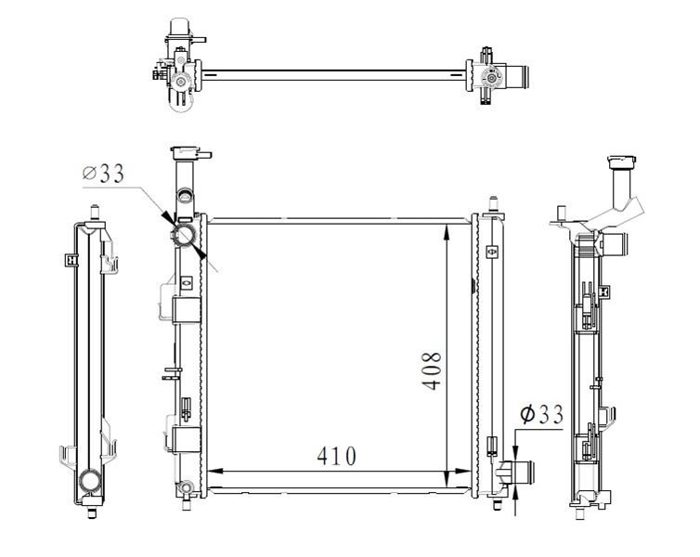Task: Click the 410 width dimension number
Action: [x=337, y=456]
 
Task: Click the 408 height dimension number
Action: [x=432, y=371]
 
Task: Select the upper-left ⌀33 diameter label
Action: [x=103, y=174]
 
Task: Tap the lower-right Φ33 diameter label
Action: [x=541, y=415]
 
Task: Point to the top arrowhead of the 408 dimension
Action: [x=447, y=232]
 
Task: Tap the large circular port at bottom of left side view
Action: [x=91, y=481]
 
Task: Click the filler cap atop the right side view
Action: [x=622, y=162]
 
